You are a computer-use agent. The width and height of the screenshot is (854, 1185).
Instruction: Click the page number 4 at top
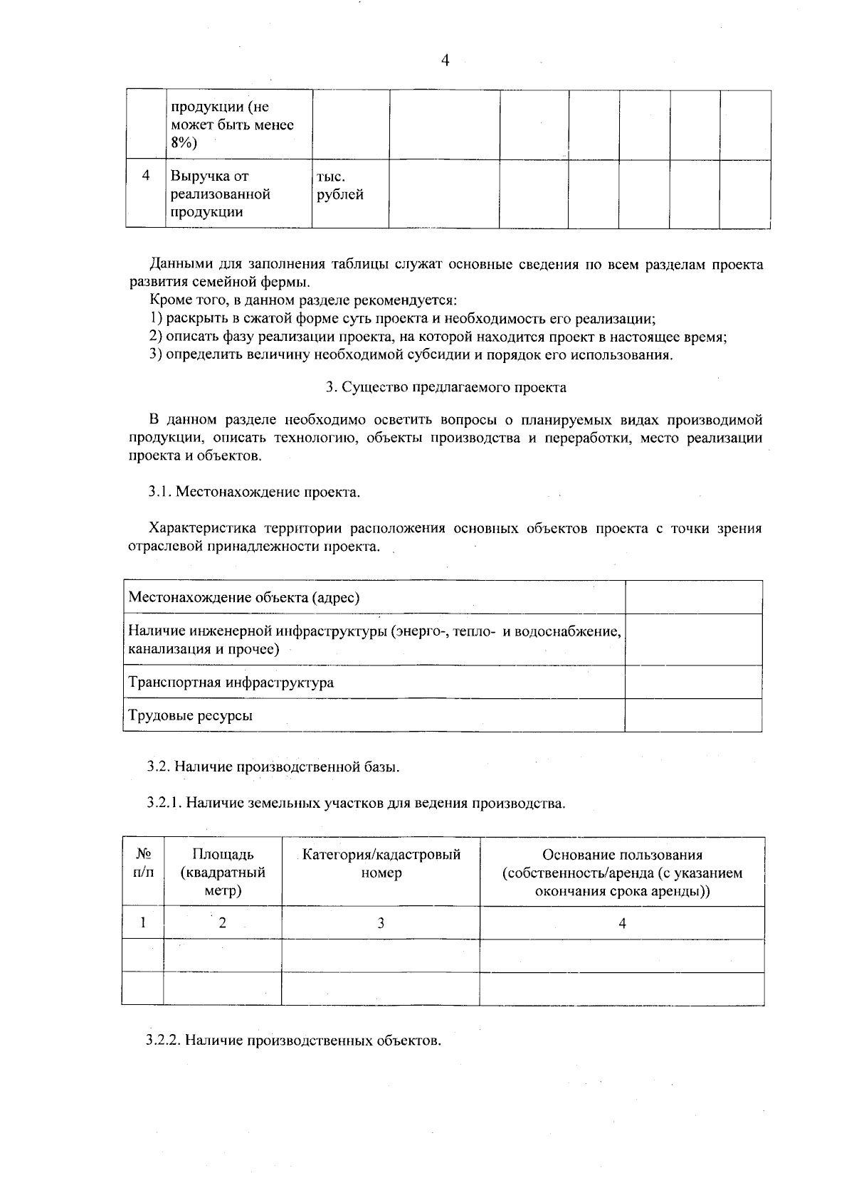point(446,60)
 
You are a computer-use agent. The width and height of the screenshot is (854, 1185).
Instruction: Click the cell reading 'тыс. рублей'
point(339,186)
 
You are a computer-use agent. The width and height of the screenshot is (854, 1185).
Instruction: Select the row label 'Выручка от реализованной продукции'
point(221,194)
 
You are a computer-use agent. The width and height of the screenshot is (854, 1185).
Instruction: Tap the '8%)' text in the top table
point(184,143)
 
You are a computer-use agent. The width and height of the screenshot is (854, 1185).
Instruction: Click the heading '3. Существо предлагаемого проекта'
point(446,387)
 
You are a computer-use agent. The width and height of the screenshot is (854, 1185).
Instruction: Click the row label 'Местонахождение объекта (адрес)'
point(243,597)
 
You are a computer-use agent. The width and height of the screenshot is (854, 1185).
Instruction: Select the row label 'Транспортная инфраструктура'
point(231,683)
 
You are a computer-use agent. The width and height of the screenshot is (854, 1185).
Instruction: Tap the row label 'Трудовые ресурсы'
point(190,716)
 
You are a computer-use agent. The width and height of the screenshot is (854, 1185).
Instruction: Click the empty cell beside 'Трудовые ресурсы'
point(693,715)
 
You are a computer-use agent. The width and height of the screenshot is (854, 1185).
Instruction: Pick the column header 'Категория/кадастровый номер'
point(381,863)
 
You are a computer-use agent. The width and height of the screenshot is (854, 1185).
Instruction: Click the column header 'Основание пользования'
point(622,855)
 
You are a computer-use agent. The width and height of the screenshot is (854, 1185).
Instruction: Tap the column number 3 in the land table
point(381,923)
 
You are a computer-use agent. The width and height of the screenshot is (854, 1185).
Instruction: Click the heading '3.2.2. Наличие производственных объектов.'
point(294,1041)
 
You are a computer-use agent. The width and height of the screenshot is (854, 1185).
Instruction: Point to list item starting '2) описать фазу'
point(438,337)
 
